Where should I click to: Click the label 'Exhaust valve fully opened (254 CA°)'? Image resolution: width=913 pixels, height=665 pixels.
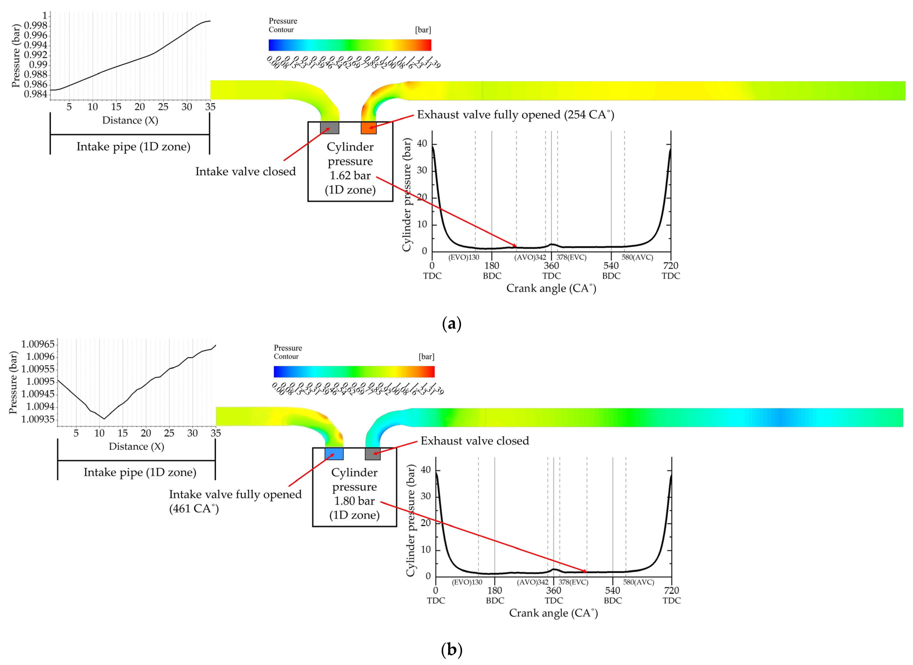pyautogui.click(x=515, y=115)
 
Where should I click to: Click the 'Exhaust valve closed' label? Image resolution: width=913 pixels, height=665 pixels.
pyautogui.click(x=474, y=441)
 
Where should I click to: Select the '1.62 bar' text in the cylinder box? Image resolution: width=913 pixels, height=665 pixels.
pyautogui.click(x=350, y=176)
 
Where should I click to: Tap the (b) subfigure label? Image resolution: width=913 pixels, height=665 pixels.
pyautogui.click(x=452, y=649)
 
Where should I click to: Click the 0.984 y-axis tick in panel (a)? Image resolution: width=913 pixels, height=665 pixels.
pyautogui.click(x=36, y=94)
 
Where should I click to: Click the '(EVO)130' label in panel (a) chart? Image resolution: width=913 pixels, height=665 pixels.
pyautogui.click(x=464, y=257)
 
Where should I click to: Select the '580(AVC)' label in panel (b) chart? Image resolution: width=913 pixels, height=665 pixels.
pyautogui.click(x=638, y=582)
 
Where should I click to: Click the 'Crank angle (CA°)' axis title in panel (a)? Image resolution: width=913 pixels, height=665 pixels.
pyautogui.click(x=551, y=288)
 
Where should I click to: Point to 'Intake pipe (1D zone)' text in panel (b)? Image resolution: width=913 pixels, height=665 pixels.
pyautogui.click(x=140, y=472)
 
